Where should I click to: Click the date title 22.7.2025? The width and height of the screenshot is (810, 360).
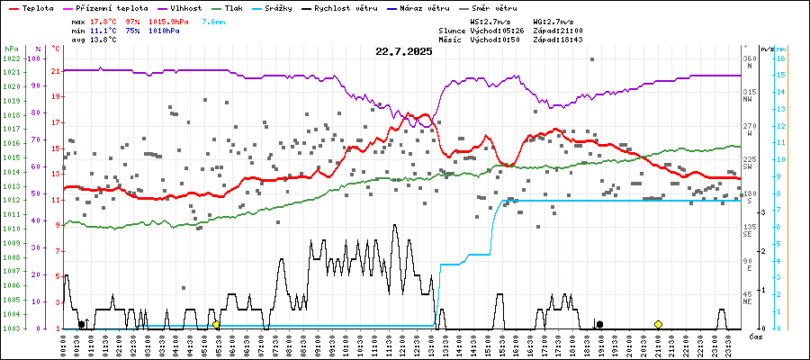pos(404,52)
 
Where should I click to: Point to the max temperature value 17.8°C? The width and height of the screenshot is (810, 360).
pos(103,20)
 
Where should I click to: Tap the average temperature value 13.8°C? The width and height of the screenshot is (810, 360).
pos(103,40)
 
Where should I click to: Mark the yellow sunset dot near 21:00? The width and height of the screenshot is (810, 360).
pos(658,324)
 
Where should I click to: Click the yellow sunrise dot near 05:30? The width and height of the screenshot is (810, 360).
pos(216,324)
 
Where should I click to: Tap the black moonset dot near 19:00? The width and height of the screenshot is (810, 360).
pos(599,324)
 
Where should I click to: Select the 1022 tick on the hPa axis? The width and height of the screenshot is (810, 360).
pos(12,58)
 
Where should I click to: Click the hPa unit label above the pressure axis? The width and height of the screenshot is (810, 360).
pos(11,48)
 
